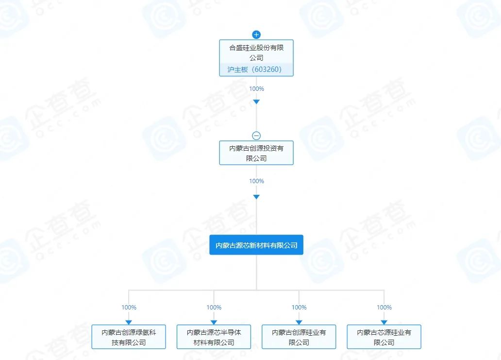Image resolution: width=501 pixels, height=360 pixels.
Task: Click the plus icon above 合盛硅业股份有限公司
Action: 256,34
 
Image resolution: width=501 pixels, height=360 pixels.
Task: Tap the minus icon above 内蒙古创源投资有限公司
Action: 256,136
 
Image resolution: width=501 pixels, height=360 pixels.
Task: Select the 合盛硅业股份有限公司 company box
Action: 256,52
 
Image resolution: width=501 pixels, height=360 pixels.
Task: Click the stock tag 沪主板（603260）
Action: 256,69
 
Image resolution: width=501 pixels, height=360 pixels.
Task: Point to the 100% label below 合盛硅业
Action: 256,89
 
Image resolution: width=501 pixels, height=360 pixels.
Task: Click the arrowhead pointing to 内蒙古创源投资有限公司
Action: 256,102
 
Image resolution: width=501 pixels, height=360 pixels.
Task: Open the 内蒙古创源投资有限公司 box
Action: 256,153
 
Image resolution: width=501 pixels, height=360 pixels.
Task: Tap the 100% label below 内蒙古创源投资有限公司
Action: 256,181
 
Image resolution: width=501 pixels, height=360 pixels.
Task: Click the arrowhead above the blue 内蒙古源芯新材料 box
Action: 256,197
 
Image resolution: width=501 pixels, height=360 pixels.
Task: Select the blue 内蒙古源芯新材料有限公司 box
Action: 256,245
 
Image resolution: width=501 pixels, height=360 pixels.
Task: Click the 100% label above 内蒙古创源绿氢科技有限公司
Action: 129,308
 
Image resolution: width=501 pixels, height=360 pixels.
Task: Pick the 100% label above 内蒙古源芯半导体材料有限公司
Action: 214,308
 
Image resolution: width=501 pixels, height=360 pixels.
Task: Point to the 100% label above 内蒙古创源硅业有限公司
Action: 299,308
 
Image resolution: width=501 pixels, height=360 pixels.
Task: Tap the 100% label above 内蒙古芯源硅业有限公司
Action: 384,308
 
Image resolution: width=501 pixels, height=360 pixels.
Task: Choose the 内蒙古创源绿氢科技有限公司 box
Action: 129,337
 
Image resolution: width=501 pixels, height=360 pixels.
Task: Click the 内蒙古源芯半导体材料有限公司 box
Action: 214,337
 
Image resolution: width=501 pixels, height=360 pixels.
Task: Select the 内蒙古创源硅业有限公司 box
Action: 299,337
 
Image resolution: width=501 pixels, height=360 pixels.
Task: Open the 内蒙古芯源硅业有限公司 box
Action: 384,337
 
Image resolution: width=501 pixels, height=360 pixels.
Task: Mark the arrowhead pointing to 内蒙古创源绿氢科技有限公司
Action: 129,322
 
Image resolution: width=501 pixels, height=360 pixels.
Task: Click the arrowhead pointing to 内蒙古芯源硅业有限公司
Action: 384,322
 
